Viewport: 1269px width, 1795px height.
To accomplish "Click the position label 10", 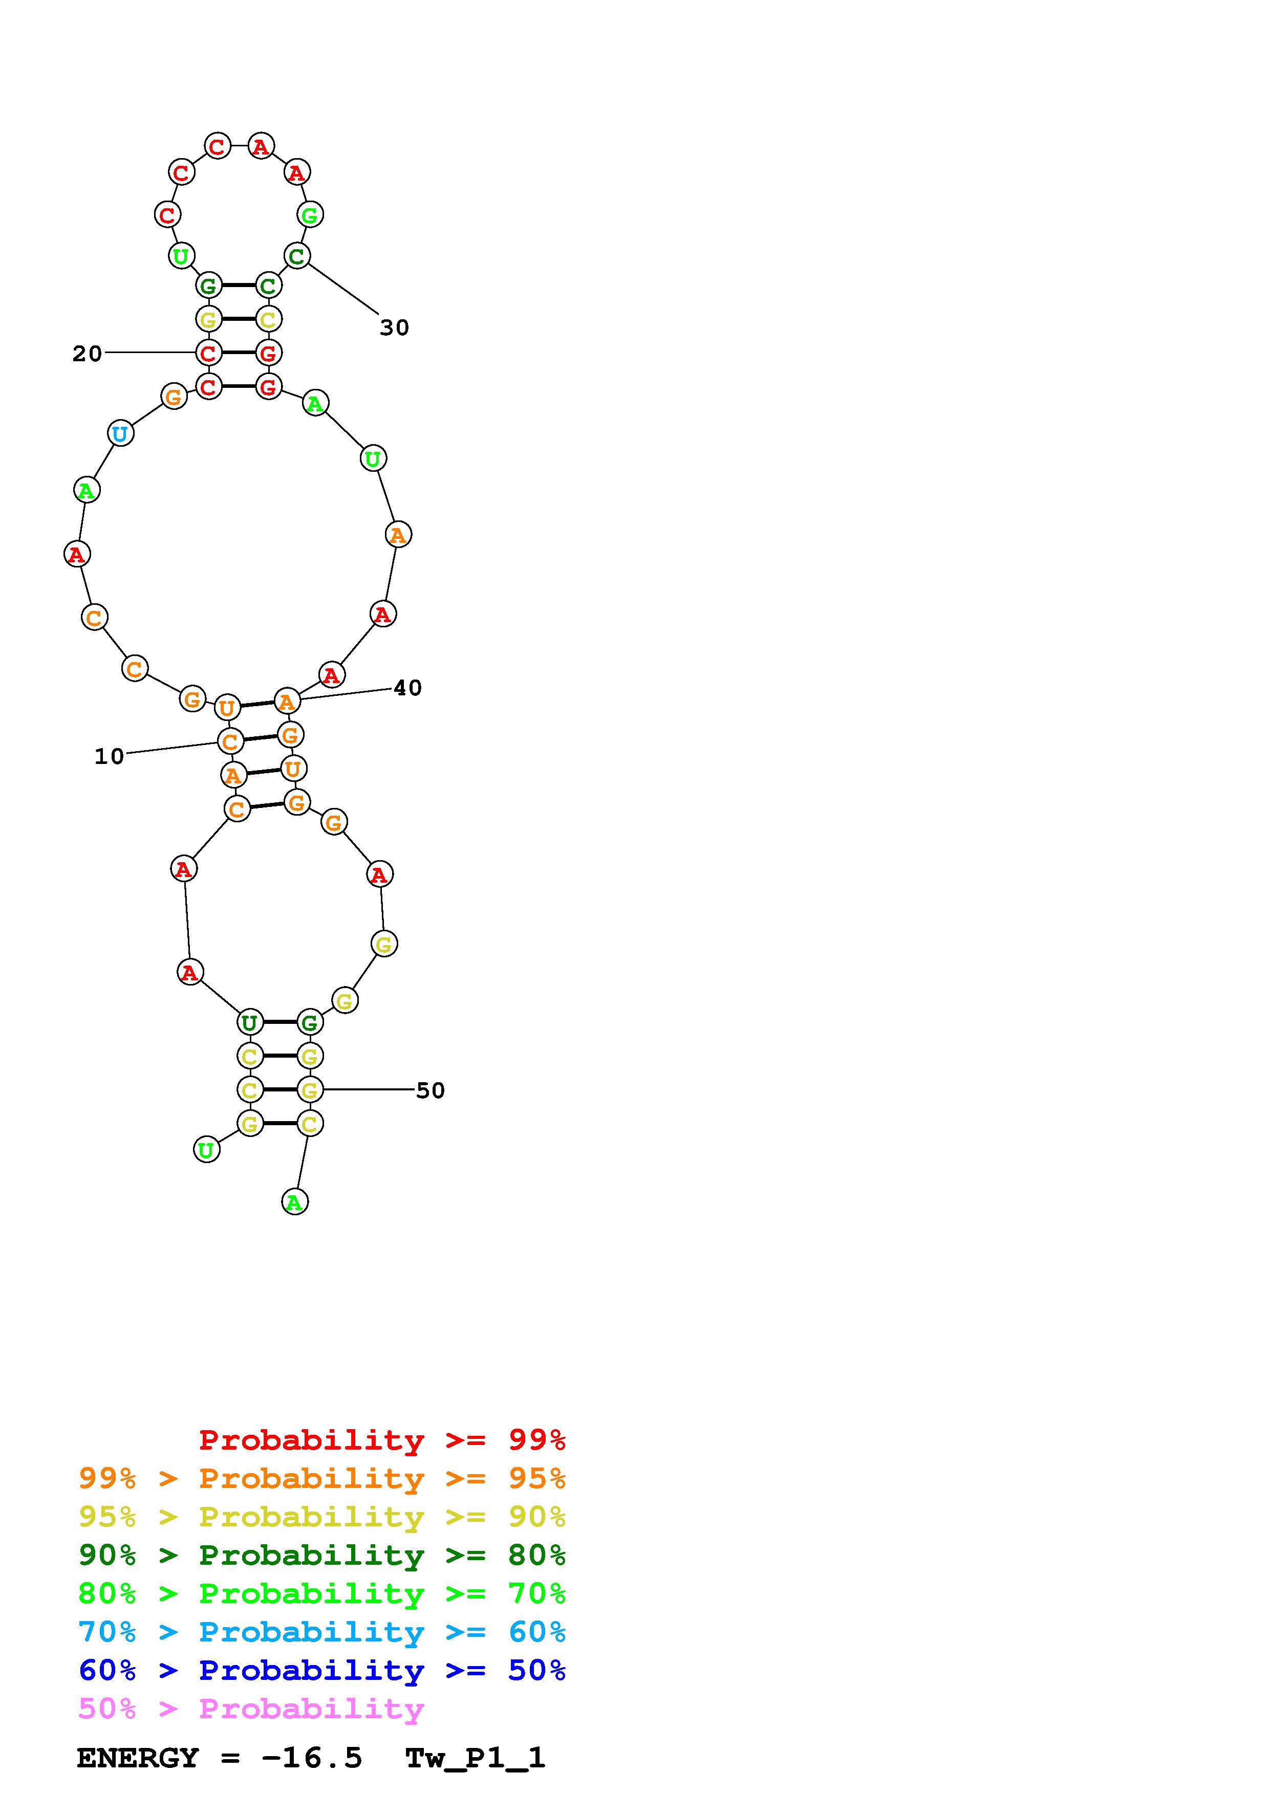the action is (110, 756).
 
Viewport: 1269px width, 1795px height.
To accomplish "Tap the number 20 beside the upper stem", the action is (88, 354).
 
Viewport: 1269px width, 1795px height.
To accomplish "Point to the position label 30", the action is (395, 327).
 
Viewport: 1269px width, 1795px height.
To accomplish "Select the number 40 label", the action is (407, 688).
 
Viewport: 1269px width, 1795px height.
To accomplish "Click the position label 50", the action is (430, 1090).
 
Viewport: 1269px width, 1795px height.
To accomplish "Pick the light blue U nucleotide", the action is (120, 433).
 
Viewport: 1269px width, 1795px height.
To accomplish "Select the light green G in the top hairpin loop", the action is (310, 214).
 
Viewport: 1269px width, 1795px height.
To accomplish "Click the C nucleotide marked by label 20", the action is (208, 353).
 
